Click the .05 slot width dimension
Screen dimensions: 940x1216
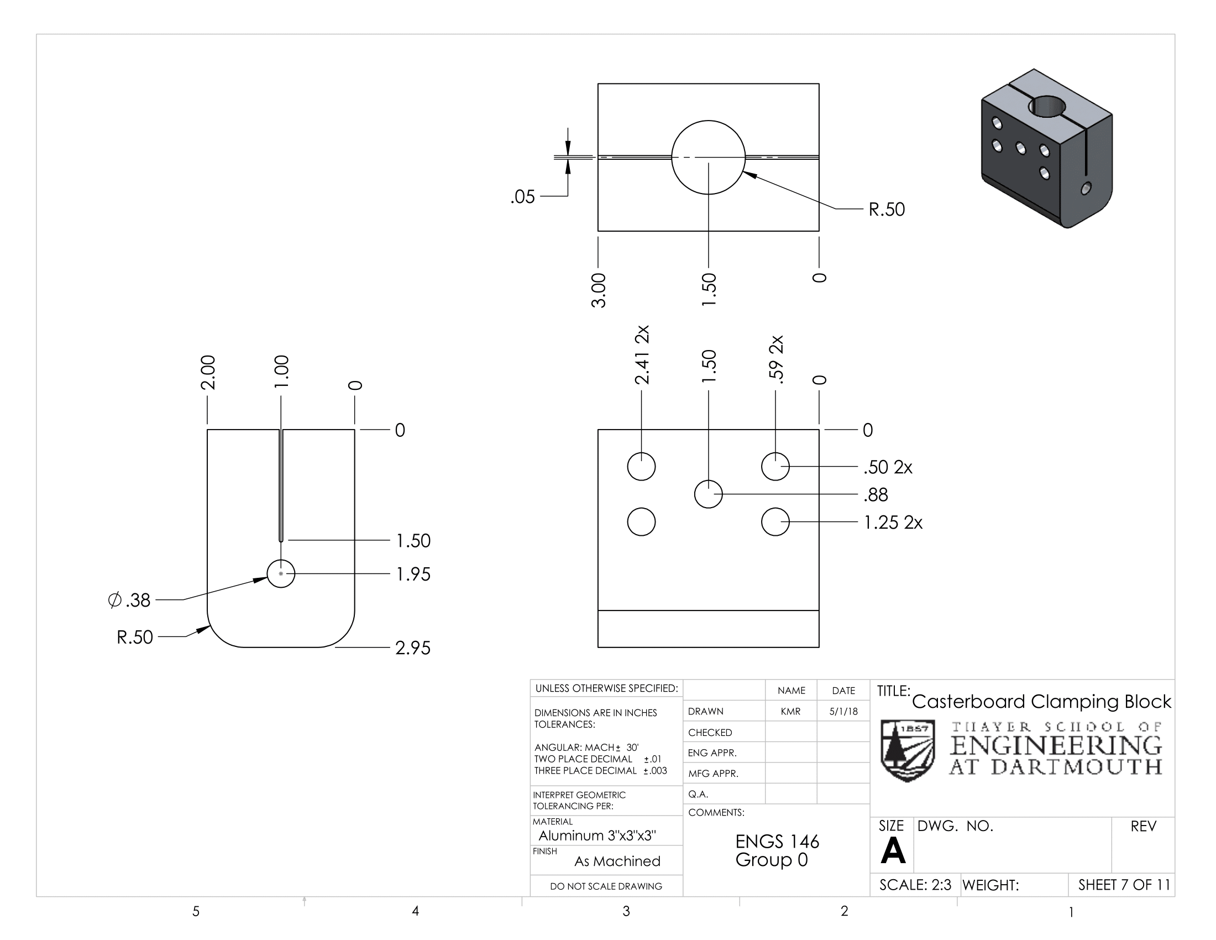522,197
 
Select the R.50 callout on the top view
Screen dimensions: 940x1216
887,210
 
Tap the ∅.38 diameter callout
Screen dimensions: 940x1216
129,600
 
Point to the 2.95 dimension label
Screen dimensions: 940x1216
412,647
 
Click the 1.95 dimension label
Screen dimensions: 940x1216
413,574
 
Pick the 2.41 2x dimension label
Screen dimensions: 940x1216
642,355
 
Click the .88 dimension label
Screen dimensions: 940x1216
876,494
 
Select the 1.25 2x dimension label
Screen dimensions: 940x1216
893,523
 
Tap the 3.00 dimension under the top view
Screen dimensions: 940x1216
599,290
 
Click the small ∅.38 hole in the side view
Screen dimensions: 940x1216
281,573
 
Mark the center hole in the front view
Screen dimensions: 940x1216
708,494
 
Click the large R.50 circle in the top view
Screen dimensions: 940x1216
708,158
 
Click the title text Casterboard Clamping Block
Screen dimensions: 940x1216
1041,702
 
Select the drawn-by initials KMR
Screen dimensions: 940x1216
790,711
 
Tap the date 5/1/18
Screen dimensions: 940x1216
843,711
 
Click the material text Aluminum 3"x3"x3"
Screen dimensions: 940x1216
597,835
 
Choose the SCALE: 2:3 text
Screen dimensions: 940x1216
915,885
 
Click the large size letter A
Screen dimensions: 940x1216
893,850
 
